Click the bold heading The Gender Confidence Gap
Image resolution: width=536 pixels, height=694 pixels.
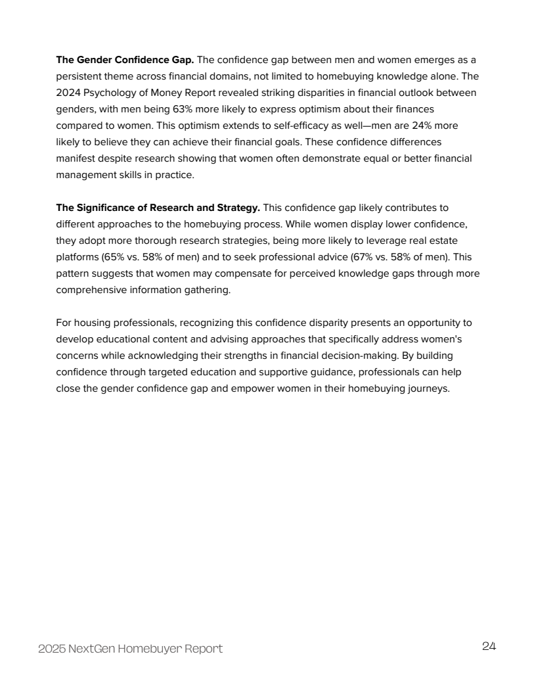tap(125, 61)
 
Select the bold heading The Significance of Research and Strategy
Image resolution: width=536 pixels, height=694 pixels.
tap(158, 208)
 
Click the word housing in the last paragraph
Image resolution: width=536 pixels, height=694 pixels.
tap(91, 323)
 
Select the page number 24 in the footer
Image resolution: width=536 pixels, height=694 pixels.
tap(489, 647)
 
